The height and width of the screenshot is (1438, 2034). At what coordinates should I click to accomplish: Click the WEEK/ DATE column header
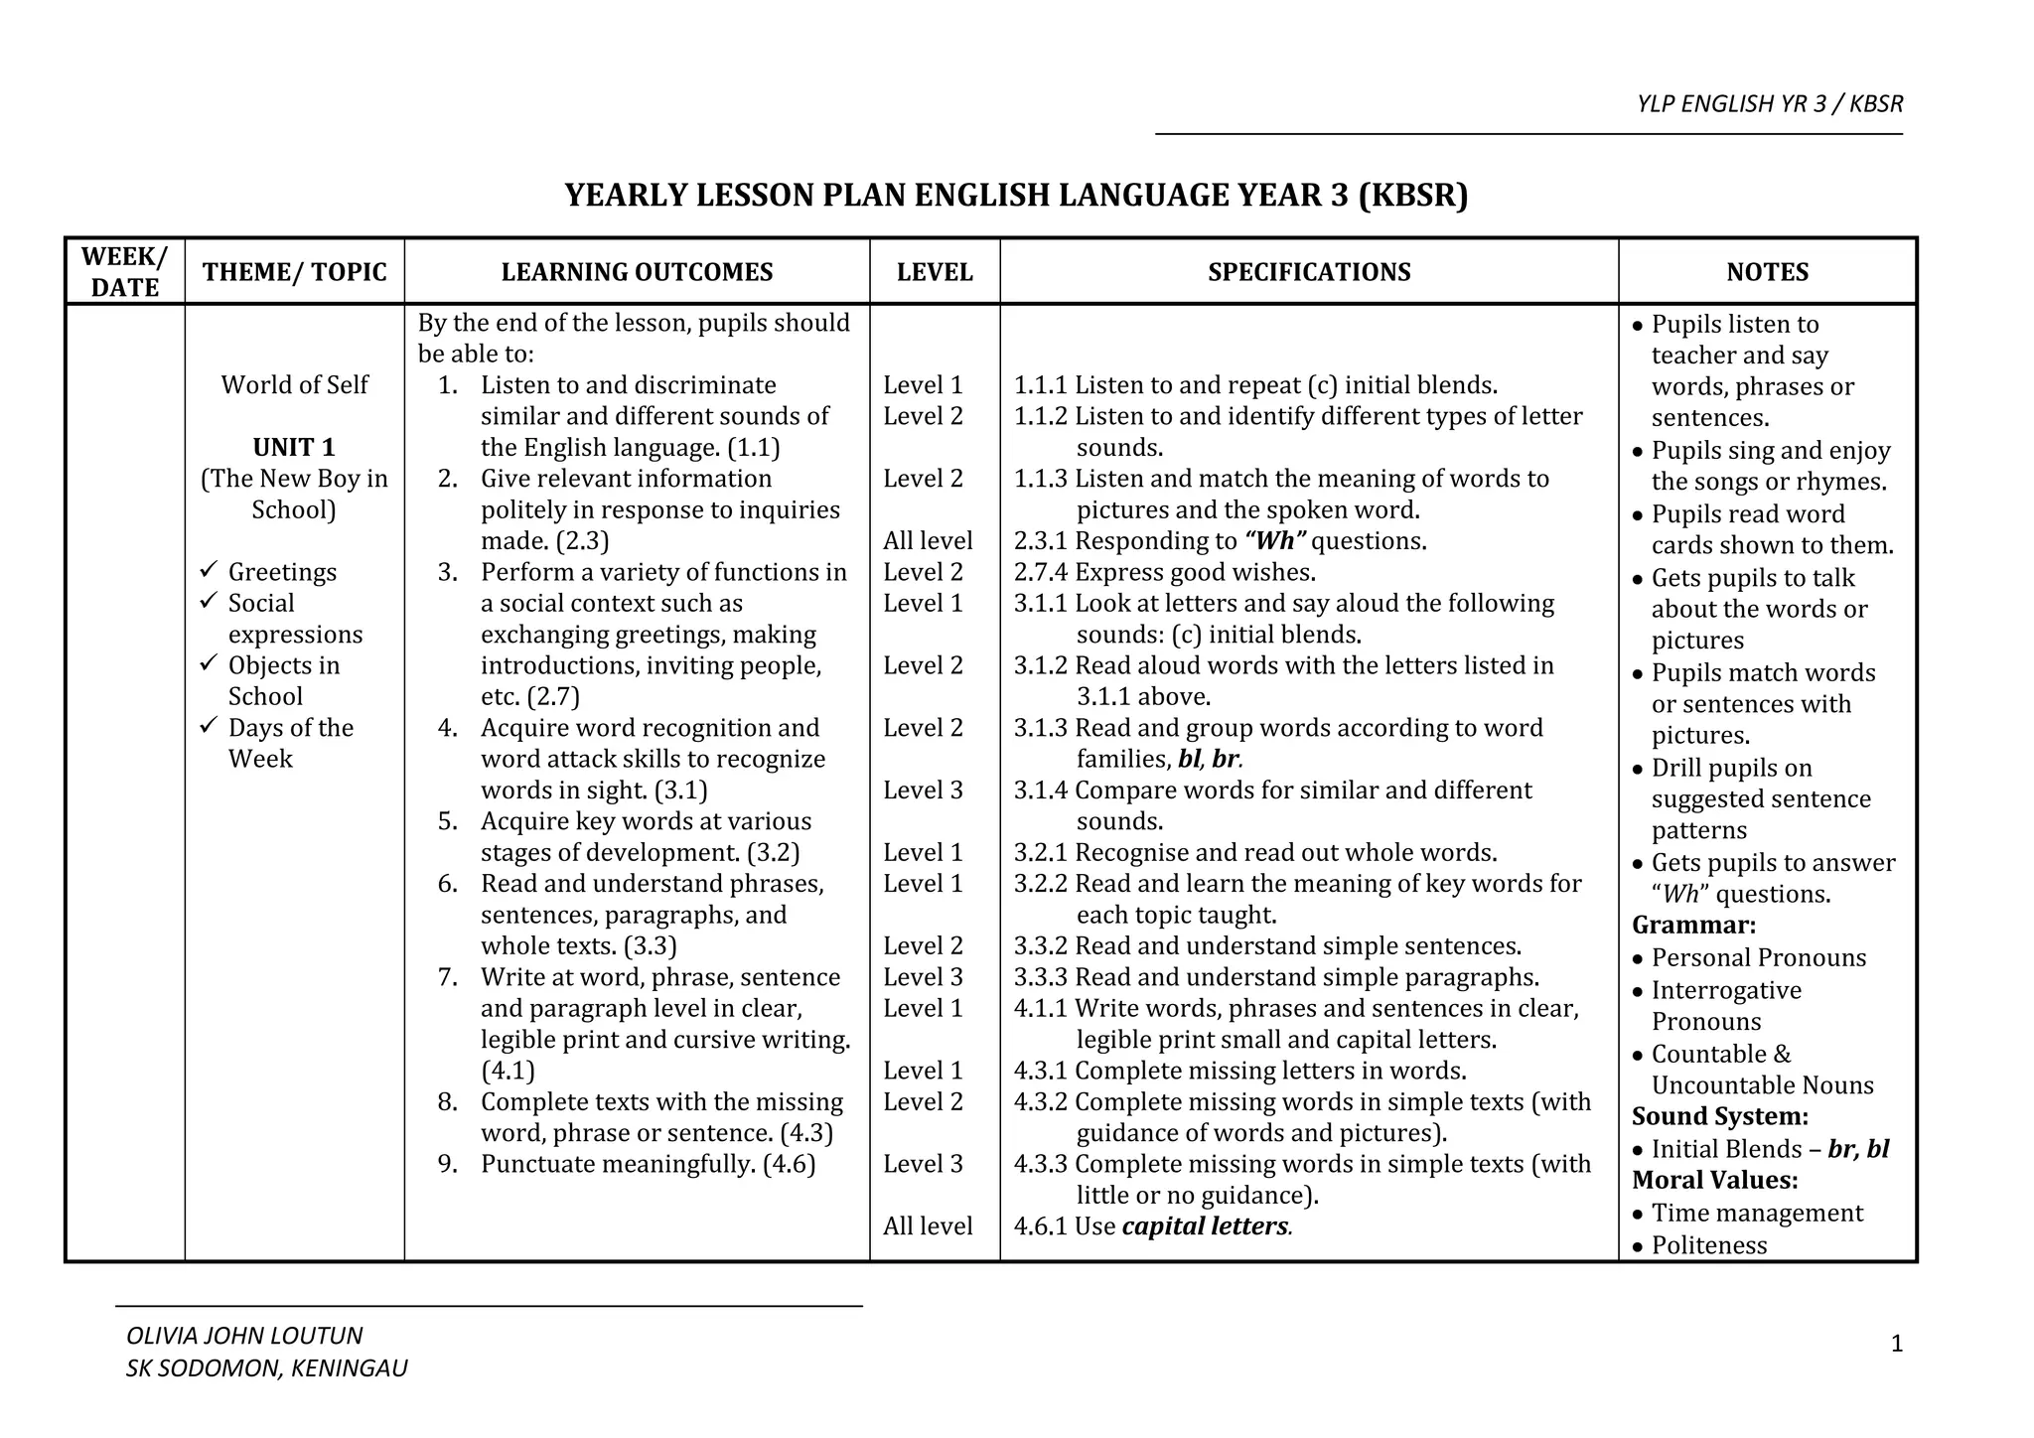click(125, 271)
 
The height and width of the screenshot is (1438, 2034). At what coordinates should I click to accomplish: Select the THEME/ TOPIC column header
click(295, 272)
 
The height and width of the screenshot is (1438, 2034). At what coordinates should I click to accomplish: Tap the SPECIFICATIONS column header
click(1309, 272)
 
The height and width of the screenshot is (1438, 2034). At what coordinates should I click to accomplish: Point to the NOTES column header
click(1767, 272)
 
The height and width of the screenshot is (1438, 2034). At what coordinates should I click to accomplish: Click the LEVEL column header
click(935, 272)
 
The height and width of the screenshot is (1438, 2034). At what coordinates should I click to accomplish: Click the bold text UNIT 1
click(294, 447)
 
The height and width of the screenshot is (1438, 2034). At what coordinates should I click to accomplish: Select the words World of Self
click(294, 384)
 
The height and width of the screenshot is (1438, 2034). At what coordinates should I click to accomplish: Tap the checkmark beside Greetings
click(209, 570)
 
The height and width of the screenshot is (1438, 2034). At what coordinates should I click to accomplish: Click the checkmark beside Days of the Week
click(209, 726)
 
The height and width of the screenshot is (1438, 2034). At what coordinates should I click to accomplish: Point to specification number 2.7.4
click(1040, 572)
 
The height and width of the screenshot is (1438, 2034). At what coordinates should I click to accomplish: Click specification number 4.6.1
click(1040, 1226)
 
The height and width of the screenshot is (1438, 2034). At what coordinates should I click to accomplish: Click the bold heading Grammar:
click(1694, 926)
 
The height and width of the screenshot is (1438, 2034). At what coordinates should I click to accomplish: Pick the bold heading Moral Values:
click(1715, 1180)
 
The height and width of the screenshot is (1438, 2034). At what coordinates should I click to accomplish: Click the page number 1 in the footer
click(1897, 1345)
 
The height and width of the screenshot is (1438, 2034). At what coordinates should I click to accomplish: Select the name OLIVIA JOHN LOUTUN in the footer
click(244, 1336)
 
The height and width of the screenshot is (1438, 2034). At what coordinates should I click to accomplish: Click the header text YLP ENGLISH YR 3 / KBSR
click(1770, 104)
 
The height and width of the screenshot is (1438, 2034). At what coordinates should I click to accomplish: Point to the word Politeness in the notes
click(1709, 1245)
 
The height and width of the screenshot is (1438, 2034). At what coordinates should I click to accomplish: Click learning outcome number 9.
click(448, 1164)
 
